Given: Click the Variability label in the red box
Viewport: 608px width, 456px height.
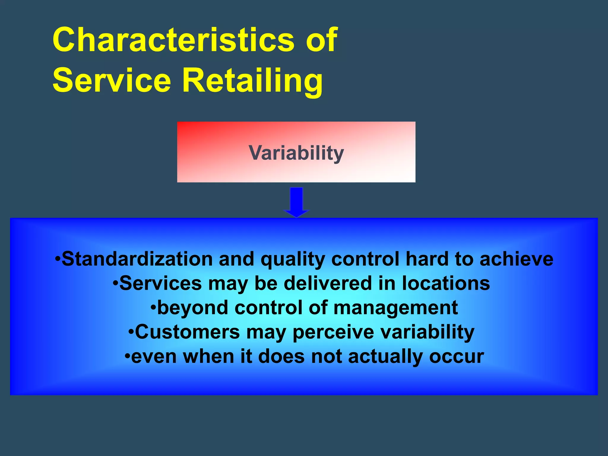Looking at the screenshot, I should tap(296, 153).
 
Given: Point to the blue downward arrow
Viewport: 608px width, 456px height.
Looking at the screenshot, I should tap(296, 202).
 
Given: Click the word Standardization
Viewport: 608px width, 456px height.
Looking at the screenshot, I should tap(137, 259).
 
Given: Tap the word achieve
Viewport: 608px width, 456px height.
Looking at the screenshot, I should tap(516, 259).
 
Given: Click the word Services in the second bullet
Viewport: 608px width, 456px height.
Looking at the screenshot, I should tap(160, 283).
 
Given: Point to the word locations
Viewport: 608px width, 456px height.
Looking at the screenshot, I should tap(446, 283).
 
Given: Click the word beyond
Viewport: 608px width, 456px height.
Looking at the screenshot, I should tap(193, 308).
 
